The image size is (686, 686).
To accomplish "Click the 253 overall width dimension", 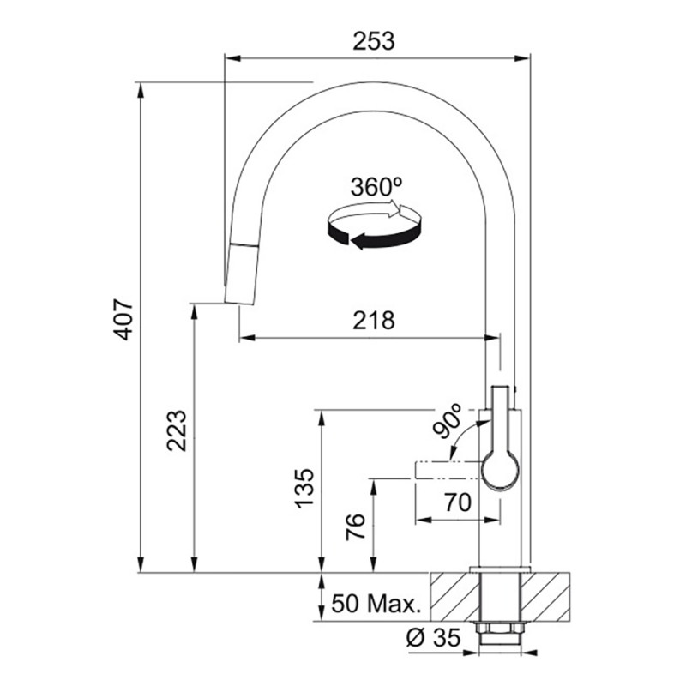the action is [x=374, y=41].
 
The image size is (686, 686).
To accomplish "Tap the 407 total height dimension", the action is [x=123, y=319].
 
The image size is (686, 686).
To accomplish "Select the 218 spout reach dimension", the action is [x=374, y=320].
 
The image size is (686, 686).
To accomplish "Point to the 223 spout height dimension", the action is [x=177, y=430].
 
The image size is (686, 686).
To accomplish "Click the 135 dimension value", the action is [x=304, y=488].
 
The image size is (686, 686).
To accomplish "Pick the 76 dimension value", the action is [x=355, y=527].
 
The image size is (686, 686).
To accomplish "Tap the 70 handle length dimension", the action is [x=458, y=502].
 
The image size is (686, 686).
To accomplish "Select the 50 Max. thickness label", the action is [x=376, y=604].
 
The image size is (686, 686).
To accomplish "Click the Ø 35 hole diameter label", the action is [x=433, y=637].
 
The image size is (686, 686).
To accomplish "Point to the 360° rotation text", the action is [x=376, y=187].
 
